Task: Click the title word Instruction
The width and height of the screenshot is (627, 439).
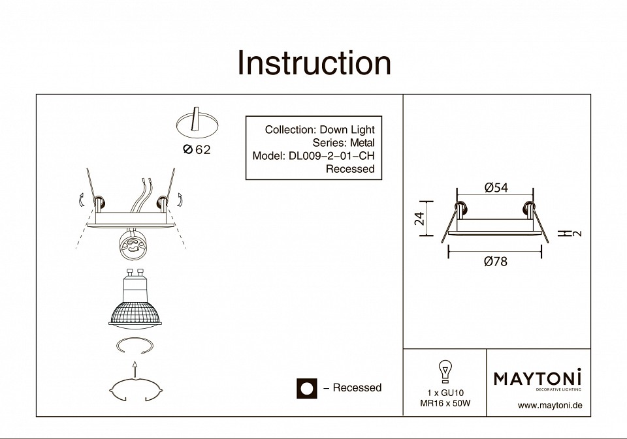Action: pyautogui.click(x=314, y=63)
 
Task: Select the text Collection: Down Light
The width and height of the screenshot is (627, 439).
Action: pyautogui.click(x=319, y=130)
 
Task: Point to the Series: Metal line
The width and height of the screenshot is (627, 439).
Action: pyautogui.click(x=344, y=143)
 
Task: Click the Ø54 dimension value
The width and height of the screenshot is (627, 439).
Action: pyautogui.click(x=496, y=188)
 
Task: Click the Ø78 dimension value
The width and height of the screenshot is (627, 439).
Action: pyautogui.click(x=496, y=262)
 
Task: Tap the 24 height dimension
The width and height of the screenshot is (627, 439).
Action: pyautogui.click(x=420, y=219)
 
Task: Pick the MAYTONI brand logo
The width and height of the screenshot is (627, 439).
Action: pyautogui.click(x=537, y=378)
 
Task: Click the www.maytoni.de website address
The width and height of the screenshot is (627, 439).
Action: pyautogui.click(x=549, y=405)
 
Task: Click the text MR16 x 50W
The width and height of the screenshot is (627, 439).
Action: pyautogui.click(x=445, y=403)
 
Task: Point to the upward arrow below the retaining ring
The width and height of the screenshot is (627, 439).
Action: pyautogui.click(x=134, y=369)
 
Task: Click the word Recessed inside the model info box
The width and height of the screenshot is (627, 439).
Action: pyautogui.click(x=350, y=169)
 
